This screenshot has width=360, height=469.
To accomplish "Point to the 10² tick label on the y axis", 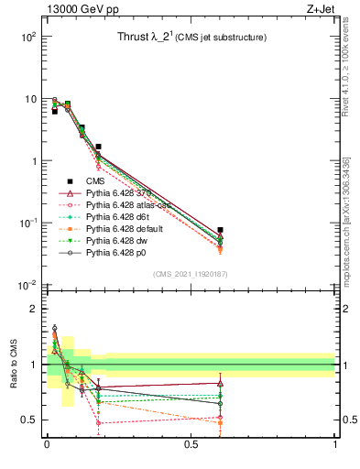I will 27,37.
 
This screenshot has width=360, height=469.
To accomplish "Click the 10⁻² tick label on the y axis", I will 27,286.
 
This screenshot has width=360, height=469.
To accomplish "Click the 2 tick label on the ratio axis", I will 32,309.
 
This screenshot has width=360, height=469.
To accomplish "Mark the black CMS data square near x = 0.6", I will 220,230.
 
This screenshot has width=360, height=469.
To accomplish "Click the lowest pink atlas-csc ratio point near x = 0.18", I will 99,423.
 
